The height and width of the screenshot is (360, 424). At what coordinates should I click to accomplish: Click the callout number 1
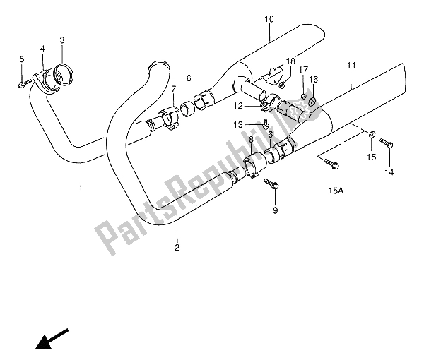coord(81,188)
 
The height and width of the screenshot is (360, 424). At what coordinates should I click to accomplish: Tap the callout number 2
coord(177,247)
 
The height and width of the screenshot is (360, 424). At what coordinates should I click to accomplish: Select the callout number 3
coord(62,40)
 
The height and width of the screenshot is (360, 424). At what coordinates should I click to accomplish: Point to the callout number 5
coord(21,59)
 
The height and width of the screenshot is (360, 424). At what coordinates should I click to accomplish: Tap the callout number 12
coord(237,106)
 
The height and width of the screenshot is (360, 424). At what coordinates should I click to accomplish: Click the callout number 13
coord(239,124)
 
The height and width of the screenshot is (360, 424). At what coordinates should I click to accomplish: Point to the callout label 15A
coord(336,189)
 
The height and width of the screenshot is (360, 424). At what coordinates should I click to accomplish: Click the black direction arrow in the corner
coord(52,337)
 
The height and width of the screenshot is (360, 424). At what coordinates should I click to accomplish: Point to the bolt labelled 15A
coord(334,165)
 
